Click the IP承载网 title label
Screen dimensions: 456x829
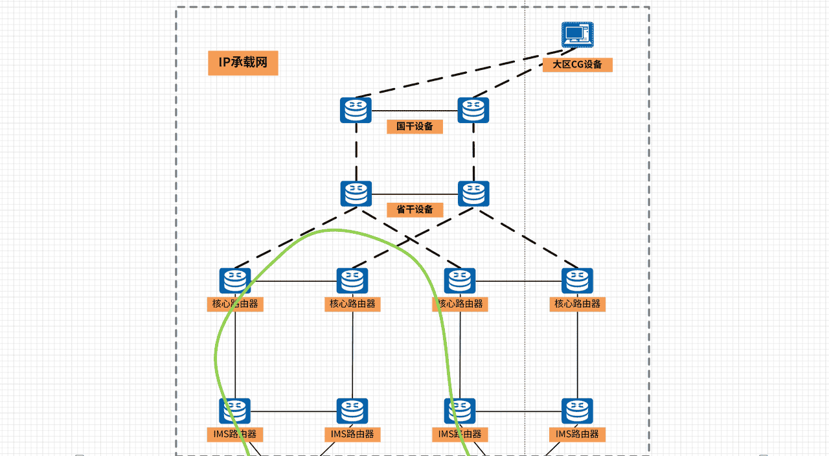tap(243, 63)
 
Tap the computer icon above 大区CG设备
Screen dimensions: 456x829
tap(577, 34)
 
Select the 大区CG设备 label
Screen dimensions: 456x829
tap(577, 65)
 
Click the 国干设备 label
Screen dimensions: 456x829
tap(414, 126)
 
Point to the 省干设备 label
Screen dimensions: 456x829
tap(414, 210)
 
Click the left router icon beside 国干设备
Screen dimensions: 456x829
tap(356, 110)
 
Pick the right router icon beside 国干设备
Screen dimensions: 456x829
tap(473, 110)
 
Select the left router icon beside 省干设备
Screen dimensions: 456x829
tap(356, 194)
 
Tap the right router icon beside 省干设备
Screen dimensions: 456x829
tap(474, 194)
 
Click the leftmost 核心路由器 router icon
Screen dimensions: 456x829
tap(235, 280)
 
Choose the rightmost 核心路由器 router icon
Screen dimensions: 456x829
tap(577, 280)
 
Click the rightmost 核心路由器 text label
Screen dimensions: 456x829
tap(577, 304)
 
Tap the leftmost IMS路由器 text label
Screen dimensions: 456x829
tap(235, 434)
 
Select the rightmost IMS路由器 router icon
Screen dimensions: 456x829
tap(577, 411)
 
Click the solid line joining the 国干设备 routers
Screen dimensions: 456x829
tap(414, 111)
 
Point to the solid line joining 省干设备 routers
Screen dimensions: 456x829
tap(414, 194)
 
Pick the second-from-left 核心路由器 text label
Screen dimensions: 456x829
tap(352, 304)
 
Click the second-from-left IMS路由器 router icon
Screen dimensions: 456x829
tap(352, 411)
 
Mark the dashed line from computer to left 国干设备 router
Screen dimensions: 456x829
tap(453, 73)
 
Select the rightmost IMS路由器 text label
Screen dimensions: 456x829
tap(577, 434)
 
